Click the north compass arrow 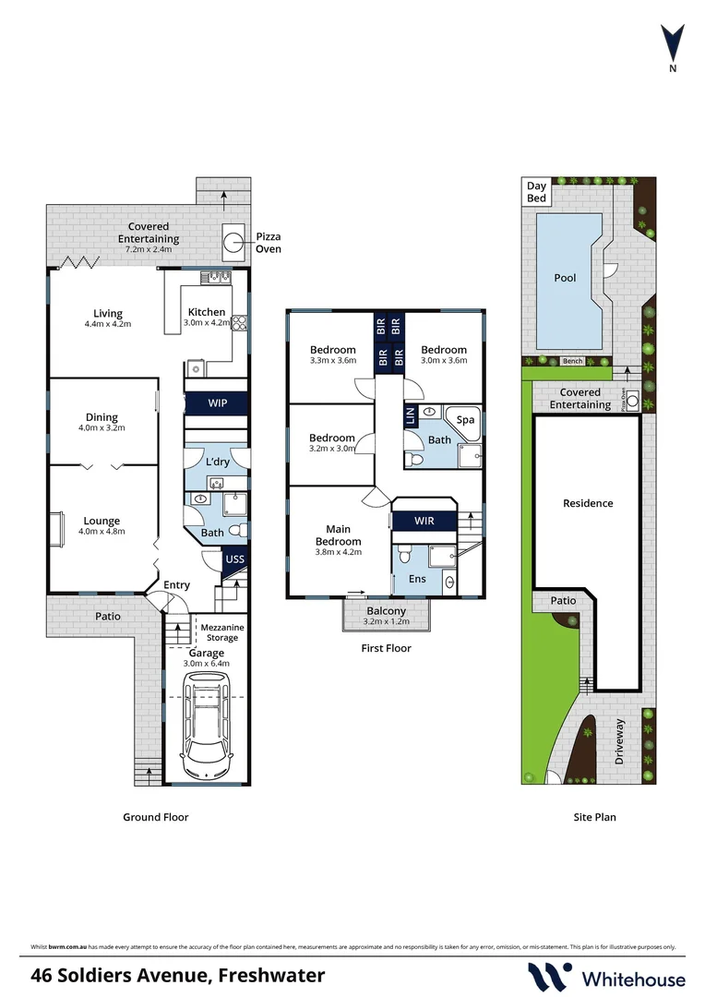click(x=673, y=42)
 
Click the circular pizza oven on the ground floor click(x=231, y=242)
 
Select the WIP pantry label click(x=217, y=403)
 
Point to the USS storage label click(x=235, y=559)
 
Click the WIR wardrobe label click(x=424, y=521)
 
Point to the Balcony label click(x=387, y=611)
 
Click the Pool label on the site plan click(x=565, y=278)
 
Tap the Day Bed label click(x=536, y=192)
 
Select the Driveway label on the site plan click(x=620, y=740)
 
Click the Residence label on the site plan click(x=588, y=503)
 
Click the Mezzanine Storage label click(x=221, y=632)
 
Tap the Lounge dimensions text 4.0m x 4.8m click(x=101, y=532)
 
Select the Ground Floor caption click(x=156, y=817)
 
